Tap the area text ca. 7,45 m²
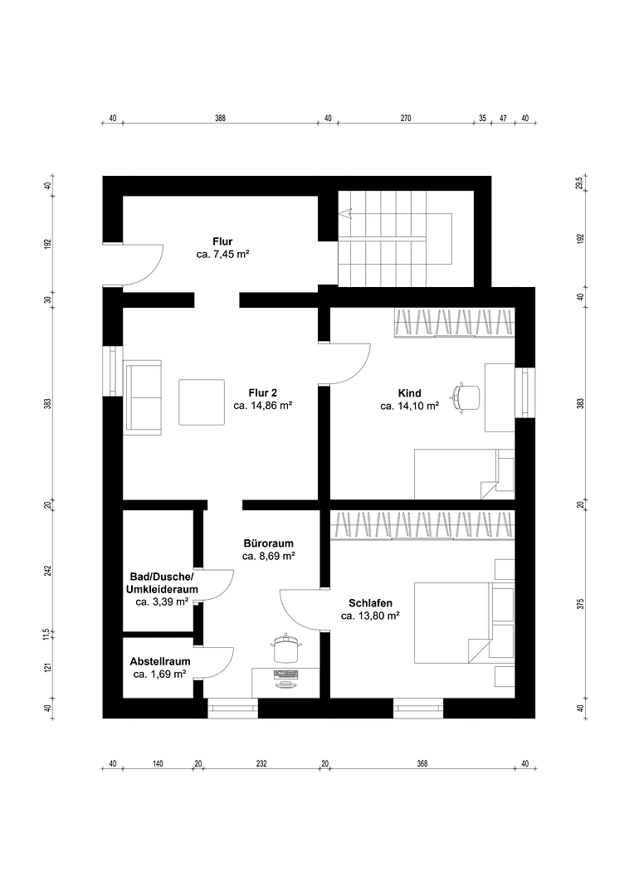click(222, 255)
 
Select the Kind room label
click(409, 392)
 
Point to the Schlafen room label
click(370, 603)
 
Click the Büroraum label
click(268, 543)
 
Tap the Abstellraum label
click(160, 661)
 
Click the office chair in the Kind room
click(466, 397)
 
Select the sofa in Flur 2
click(143, 397)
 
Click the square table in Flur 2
click(202, 402)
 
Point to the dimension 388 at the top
click(220, 119)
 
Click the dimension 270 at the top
click(406, 119)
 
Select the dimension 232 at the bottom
click(261, 764)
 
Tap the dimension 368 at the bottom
click(422, 764)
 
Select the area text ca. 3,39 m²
click(161, 602)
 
